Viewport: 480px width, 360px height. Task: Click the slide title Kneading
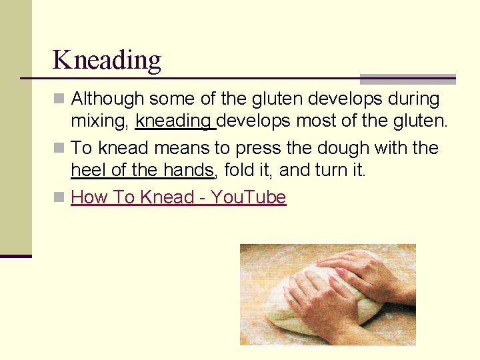pyautogui.click(x=107, y=60)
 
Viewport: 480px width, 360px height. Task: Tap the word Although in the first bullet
pyautogui.click(x=107, y=99)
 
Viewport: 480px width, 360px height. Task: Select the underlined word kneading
pyautogui.click(x=175, y=122)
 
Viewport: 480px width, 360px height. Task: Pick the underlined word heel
pyautogui.click(x=89, y=170)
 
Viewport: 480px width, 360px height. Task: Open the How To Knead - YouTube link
pyautogui.click(x=178, y=197)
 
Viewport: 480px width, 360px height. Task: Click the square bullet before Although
pyautogui.click(x=60, y=99)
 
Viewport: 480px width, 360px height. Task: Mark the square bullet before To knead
pyautogui.click(x=60, y=147)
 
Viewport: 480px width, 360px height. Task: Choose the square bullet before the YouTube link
pyautogui.click(x=60, y=197)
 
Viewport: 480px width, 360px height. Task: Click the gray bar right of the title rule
pyautogui.click(x=407, y=79)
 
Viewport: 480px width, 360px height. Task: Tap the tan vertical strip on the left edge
pyautogui.click(x=15, y=127)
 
